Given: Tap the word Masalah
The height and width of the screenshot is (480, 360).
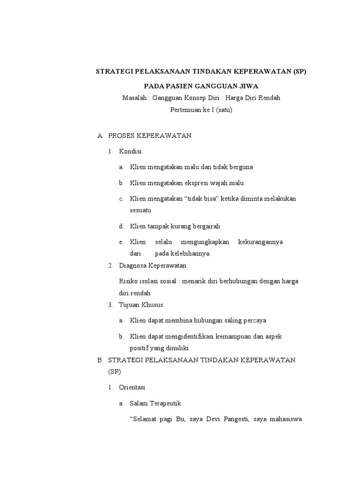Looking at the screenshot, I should (x=134, y=98).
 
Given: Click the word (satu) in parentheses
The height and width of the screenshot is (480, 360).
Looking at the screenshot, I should (x=224, y=110).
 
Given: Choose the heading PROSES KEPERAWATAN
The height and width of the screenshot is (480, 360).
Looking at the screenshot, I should (x=150, y=136).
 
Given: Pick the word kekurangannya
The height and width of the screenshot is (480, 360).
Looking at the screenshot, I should (x=260, y=242).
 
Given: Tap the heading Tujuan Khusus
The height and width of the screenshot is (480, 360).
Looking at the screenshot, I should (x=141, y=305).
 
